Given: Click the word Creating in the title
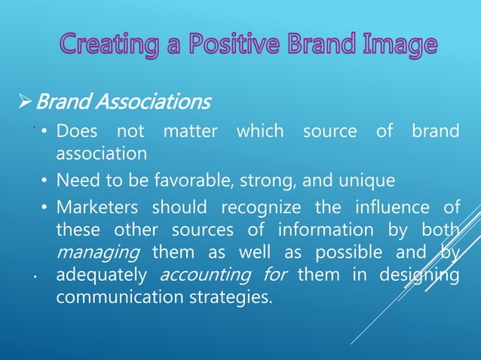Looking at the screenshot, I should (x=104, y=44).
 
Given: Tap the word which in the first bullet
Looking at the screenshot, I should (x=260, y=132).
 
